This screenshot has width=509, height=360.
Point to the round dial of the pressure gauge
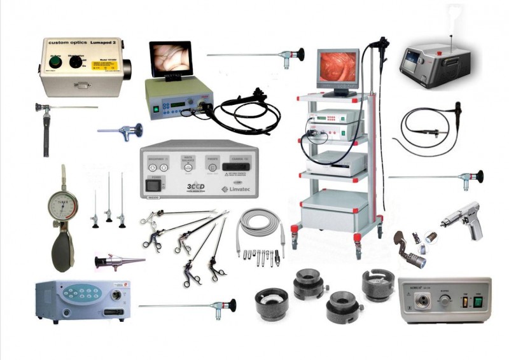[x=62, y=205]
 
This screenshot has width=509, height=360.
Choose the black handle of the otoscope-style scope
[x=46, y=137]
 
